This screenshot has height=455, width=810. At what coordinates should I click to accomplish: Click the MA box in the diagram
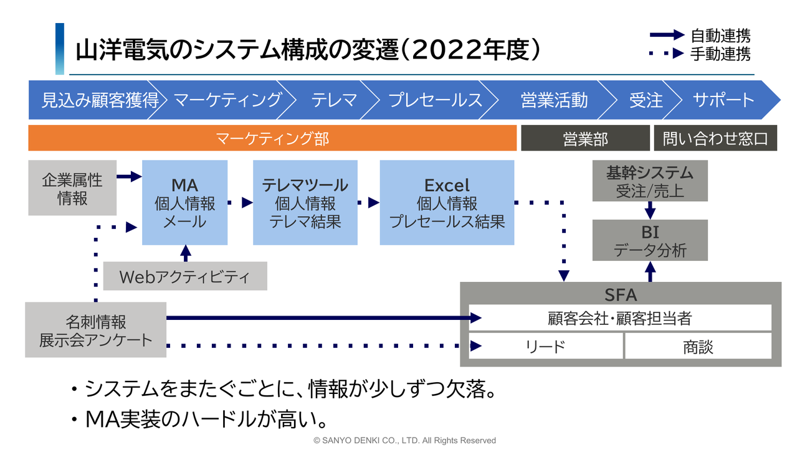(x=184, y=203)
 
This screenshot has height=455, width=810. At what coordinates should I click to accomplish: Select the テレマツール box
(x=305, y=203)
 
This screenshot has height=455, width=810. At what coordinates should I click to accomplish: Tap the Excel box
(x=447, y=203)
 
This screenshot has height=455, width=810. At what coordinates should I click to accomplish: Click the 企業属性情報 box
(x=72, y=189)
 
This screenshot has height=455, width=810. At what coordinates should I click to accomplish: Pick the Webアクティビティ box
(x=184, y=276)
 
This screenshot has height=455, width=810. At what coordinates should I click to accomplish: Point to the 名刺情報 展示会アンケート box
(x=95, y=330)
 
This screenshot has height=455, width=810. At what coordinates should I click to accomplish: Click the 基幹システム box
(x=650, y=181)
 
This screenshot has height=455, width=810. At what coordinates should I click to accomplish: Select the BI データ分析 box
(x=650, y=240)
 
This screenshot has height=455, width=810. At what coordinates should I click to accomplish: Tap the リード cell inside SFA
(x=545, y=346)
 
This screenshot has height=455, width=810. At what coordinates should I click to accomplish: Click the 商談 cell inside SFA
(x=698, y=346)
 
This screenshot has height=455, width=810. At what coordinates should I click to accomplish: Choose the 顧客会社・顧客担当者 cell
(x=620, y=318)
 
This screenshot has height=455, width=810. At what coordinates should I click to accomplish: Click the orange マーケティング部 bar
(x=272, y=138)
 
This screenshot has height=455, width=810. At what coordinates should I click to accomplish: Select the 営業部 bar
(x=585, y=138)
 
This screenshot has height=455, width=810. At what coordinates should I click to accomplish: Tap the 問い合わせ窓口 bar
(x=715, y=138)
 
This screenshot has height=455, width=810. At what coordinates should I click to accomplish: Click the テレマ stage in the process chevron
(x=334, y=100)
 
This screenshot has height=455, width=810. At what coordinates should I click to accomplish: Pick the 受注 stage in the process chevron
(x=646, y=100)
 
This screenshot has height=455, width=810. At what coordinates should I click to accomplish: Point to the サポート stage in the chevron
(x=723, y=100)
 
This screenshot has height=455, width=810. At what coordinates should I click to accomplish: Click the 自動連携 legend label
(x=720, y=35)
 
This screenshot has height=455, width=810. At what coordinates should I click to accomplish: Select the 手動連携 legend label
(x=720, y=54)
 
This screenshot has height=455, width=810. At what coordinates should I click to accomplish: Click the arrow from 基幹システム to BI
(x=650, y=210)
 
